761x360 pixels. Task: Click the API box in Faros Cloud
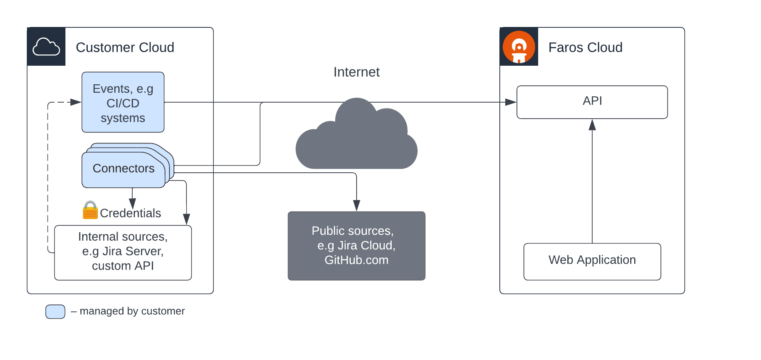[592, 102]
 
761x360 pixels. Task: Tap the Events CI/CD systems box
[123, 102]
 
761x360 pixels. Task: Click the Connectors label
[123, 169]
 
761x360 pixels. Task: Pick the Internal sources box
[123, 252]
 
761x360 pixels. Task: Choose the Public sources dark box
[356, 246]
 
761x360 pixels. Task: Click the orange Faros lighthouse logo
[519, 47]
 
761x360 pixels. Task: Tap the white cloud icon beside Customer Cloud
[46, 47]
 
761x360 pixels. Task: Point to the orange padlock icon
[90, 210]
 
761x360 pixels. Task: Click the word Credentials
[130, 213]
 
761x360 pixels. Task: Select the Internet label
[356, 72]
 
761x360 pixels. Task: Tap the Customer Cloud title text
[125, 47]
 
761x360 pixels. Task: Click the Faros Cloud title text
[585, 47]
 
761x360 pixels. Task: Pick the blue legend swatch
[55, 311]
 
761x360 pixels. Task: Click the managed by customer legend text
[132, 311]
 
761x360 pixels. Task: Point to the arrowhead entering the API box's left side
[511, 102]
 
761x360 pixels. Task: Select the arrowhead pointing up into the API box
[592, 125]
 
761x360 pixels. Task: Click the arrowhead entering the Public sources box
[357, 206]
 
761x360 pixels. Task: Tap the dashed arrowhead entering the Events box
[76, 102]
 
